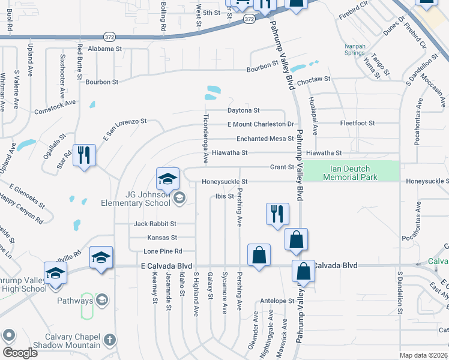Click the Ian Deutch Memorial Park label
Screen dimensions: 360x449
point(351,173)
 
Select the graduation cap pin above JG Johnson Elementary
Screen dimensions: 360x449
point(168,178)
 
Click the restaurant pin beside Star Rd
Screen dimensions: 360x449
point(84,155)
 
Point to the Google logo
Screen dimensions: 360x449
point(20,352)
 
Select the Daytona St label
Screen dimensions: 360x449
point(243,110)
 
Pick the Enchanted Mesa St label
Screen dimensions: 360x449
point(265,139)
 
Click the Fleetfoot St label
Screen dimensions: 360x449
point(357,123)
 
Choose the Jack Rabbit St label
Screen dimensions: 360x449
point(155,224)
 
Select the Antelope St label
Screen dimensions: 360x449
point(276,301)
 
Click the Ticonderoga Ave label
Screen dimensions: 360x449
point(205,139)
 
